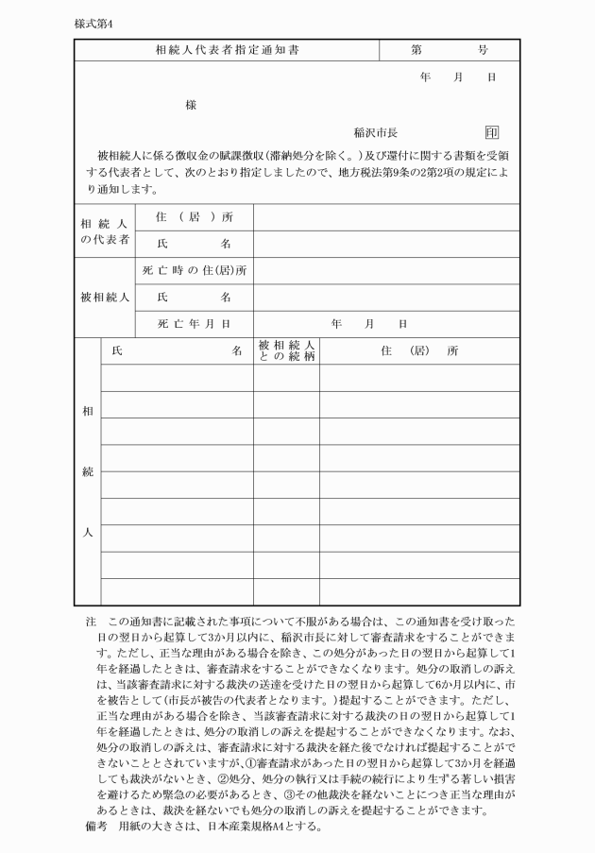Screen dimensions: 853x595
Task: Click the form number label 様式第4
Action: [93, 23]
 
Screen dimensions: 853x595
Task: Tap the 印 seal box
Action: [492, 132]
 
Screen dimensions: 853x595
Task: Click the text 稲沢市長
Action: [375, 133]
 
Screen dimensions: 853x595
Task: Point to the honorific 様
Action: [191, 105]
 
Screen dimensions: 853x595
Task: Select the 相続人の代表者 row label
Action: [105, 231]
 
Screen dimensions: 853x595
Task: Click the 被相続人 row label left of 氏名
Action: [105, 298]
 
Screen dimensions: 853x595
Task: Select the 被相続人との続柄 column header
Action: [285, 350]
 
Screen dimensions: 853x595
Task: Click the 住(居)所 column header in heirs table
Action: [419, 350]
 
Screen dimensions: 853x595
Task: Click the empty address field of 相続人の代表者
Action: [386, 217]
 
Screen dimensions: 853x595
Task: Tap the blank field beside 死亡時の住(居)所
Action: [386, 271]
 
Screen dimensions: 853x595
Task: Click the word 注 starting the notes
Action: [91, 623]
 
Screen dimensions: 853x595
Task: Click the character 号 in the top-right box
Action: [482, 49]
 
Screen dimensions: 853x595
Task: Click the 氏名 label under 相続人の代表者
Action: [195, 244]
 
